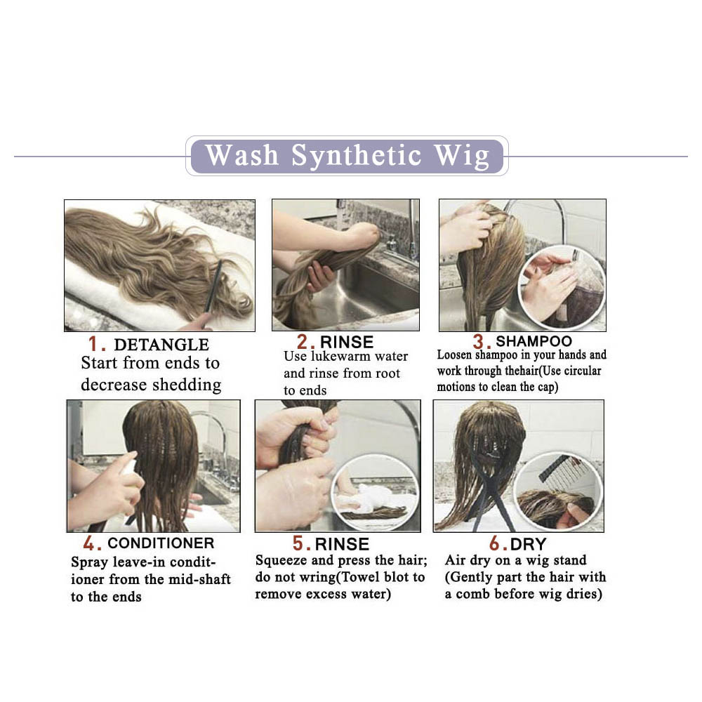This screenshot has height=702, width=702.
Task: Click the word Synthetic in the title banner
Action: pyautogui.click(x=357, y=157)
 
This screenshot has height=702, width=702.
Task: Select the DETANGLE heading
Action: pyautogui.click(x=161, y=345)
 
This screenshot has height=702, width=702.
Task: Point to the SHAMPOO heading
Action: pyautogui.click(x=534, y=341)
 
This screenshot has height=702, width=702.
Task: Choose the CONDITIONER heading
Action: pyautogui.click(x=161, y=543)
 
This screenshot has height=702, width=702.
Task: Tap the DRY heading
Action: pyautogui.click(x=528, y=544)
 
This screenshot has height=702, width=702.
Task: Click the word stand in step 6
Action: pyautogui.click(x=569, y=560)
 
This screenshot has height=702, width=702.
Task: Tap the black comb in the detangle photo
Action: pyautogui.click(x=213, y=286)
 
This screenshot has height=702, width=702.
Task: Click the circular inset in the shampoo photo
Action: pyautogui.click(x=562, y=286)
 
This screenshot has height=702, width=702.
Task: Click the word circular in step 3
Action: pyautogui.click(x=583, y=371)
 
